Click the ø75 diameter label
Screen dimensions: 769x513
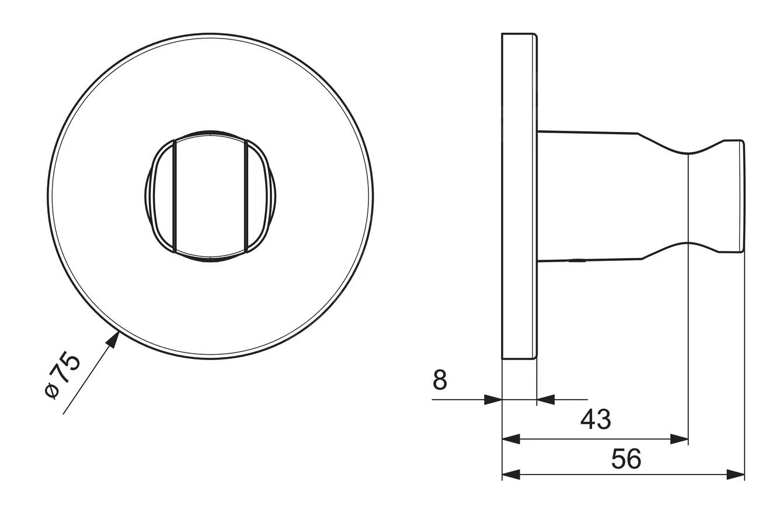pos(63,376)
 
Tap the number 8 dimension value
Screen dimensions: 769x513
pos(440,379)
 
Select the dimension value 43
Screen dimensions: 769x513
pos(596,419)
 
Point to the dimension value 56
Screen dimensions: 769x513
pos(626,459)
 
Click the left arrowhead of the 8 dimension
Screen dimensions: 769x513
pos(493,399)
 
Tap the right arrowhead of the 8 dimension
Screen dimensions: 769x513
pos(545,399)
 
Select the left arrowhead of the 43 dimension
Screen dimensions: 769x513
pos(511,439)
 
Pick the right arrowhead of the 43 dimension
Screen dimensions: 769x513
pos(680,439)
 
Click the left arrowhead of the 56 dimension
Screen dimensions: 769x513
pos(511,475)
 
